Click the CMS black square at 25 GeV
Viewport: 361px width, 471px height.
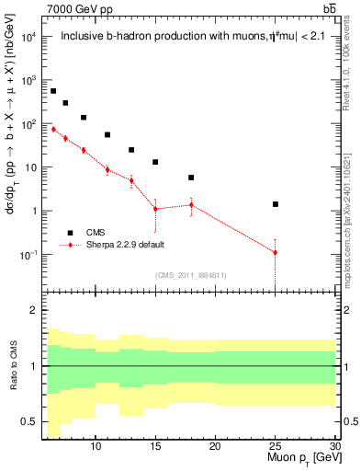click(x=275, y=204)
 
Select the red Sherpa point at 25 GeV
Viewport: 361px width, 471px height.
click(x=275, y=252)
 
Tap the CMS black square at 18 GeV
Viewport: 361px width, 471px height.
click(x=191, y=178)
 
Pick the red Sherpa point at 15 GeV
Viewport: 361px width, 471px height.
click(x=155, y=209)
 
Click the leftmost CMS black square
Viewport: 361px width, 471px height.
click(x=53, y=91)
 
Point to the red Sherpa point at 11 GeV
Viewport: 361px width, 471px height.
click(x=107, y=169)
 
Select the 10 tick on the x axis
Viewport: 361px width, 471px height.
click(x=96, y=446)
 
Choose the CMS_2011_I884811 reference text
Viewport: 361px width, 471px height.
click(x=191, y=275)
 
